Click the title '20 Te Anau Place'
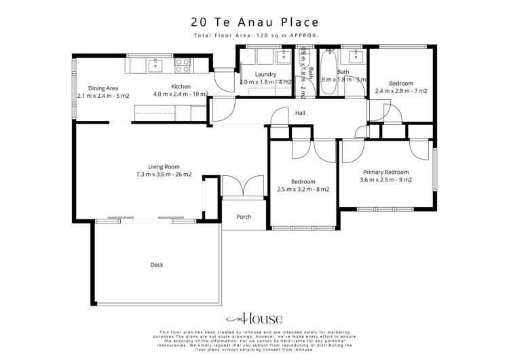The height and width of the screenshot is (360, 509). coord(254,21)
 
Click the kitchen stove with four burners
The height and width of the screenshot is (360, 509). coord(183,65)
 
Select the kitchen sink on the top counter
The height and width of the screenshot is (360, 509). coord(155,65)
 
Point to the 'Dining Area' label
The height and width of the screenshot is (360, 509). coord(104,87)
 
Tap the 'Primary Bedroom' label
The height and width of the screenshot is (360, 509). coord(385,173)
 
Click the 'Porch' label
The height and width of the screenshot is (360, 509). coord(244,217)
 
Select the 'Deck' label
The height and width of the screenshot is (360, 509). coord(157,265)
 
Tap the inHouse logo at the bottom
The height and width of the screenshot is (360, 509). coord(254,318)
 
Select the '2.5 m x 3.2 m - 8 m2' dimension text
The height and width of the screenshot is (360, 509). coord(303,190)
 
